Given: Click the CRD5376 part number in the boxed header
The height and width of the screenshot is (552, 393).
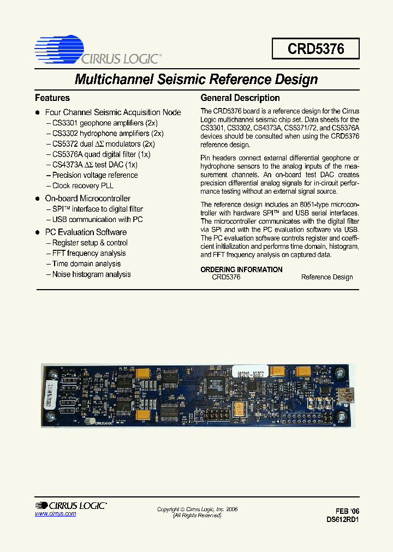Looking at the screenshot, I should (x=315, y=49).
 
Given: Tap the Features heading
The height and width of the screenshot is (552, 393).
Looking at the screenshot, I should (x=52, y=98).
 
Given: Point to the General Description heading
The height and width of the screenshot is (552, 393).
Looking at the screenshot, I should (x=240, y=98).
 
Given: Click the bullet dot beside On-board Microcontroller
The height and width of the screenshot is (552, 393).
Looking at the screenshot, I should (x=38, y=199).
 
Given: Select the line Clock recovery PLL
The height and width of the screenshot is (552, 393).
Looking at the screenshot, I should (x=83, y=185).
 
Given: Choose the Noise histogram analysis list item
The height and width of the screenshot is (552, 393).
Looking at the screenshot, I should (x=91, y=274).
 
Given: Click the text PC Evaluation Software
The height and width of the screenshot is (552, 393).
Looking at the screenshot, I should (x=86, y=232).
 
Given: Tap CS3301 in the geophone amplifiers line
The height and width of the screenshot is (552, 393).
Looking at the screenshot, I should (x=65, y=123).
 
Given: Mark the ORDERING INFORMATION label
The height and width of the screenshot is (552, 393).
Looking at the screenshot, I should (x=241, y=269).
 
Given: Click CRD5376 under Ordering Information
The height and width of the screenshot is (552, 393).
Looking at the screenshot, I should (x=226, y=277).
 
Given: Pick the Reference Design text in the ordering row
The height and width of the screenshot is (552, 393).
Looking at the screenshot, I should (x=327, y=277).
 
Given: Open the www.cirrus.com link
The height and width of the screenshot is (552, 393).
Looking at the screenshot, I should (x=55, y=514).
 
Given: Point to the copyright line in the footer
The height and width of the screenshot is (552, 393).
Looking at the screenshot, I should (x=197, y=509).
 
